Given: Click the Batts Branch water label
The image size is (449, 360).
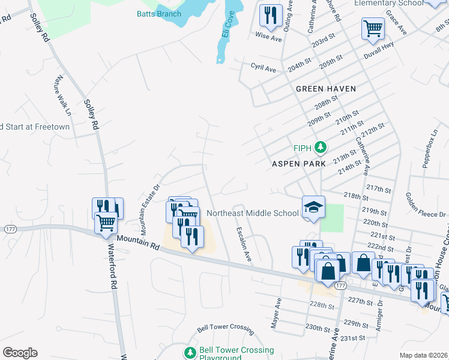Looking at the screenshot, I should tap(158, 14).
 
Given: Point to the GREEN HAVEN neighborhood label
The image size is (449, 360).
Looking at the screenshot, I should tap(326, 89).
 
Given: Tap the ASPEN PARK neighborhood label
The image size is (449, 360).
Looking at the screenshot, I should tap(298, 163).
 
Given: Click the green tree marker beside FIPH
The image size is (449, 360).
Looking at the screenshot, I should tap(321, 148).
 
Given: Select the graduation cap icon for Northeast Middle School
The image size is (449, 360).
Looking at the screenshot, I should tap(313, 207).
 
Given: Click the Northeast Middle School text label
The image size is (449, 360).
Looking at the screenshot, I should tap(252, 213).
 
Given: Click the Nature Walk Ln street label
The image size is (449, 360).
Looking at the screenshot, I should tap(62, 96).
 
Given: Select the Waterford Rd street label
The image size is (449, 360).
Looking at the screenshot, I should tap(113, 258).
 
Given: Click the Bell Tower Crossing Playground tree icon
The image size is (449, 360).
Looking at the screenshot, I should tap(190, 352).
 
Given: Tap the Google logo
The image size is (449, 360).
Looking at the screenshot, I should tap(20, 353).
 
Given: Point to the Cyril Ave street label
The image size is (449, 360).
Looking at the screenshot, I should tap(263, 69).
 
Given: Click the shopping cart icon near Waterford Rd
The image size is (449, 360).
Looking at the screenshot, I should tap(106, 222).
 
